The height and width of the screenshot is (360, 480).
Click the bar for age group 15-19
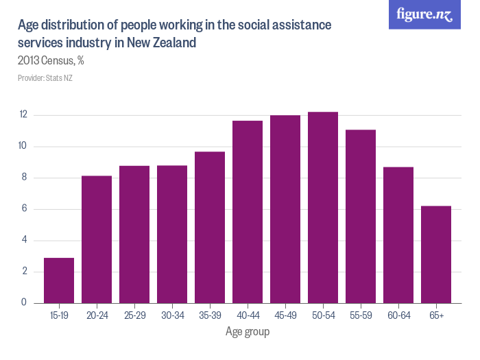point(58,280)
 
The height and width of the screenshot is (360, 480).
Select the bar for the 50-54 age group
point(323,207)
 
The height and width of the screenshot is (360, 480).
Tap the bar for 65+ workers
point(436,254)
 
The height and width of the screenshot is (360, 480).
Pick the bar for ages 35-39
point(210,227)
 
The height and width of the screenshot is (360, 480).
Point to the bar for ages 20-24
point(97,239)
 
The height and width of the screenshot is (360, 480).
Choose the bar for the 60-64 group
point(398,235)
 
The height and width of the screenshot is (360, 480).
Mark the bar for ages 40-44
point(248,212)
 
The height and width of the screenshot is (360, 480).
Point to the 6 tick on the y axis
point(23,209)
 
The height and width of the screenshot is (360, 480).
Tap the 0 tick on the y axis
point(23,303)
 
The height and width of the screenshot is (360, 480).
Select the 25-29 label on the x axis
point(134,317)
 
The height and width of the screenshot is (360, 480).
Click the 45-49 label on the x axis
point(285,317)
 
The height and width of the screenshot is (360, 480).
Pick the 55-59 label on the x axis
point(361,317)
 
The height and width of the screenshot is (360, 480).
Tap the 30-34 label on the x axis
point(172,317)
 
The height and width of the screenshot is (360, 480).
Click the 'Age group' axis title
point(248,333)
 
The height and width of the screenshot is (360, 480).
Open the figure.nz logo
point(424,14)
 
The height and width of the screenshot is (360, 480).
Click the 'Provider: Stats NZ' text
point(45,78)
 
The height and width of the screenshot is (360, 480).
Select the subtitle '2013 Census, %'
point(51,60)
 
